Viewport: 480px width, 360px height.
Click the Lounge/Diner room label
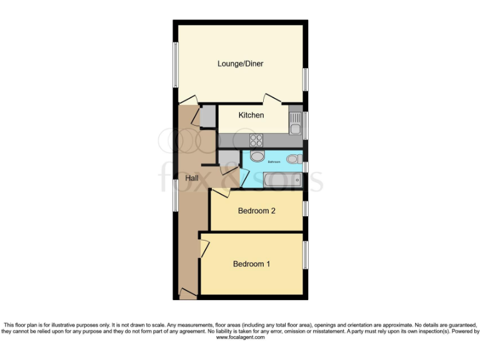241,63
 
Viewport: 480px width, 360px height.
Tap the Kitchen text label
250,115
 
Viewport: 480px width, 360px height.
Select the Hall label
192,178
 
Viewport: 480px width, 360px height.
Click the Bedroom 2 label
256,211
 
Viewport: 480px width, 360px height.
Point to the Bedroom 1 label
251,264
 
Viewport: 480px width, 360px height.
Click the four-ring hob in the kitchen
256,141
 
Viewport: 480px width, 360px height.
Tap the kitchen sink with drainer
295,123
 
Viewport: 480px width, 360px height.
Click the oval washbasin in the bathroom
257,157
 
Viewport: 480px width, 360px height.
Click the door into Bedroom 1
203,249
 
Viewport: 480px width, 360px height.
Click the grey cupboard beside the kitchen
208,116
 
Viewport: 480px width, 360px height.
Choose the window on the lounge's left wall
176,65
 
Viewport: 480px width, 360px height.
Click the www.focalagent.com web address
240,337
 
